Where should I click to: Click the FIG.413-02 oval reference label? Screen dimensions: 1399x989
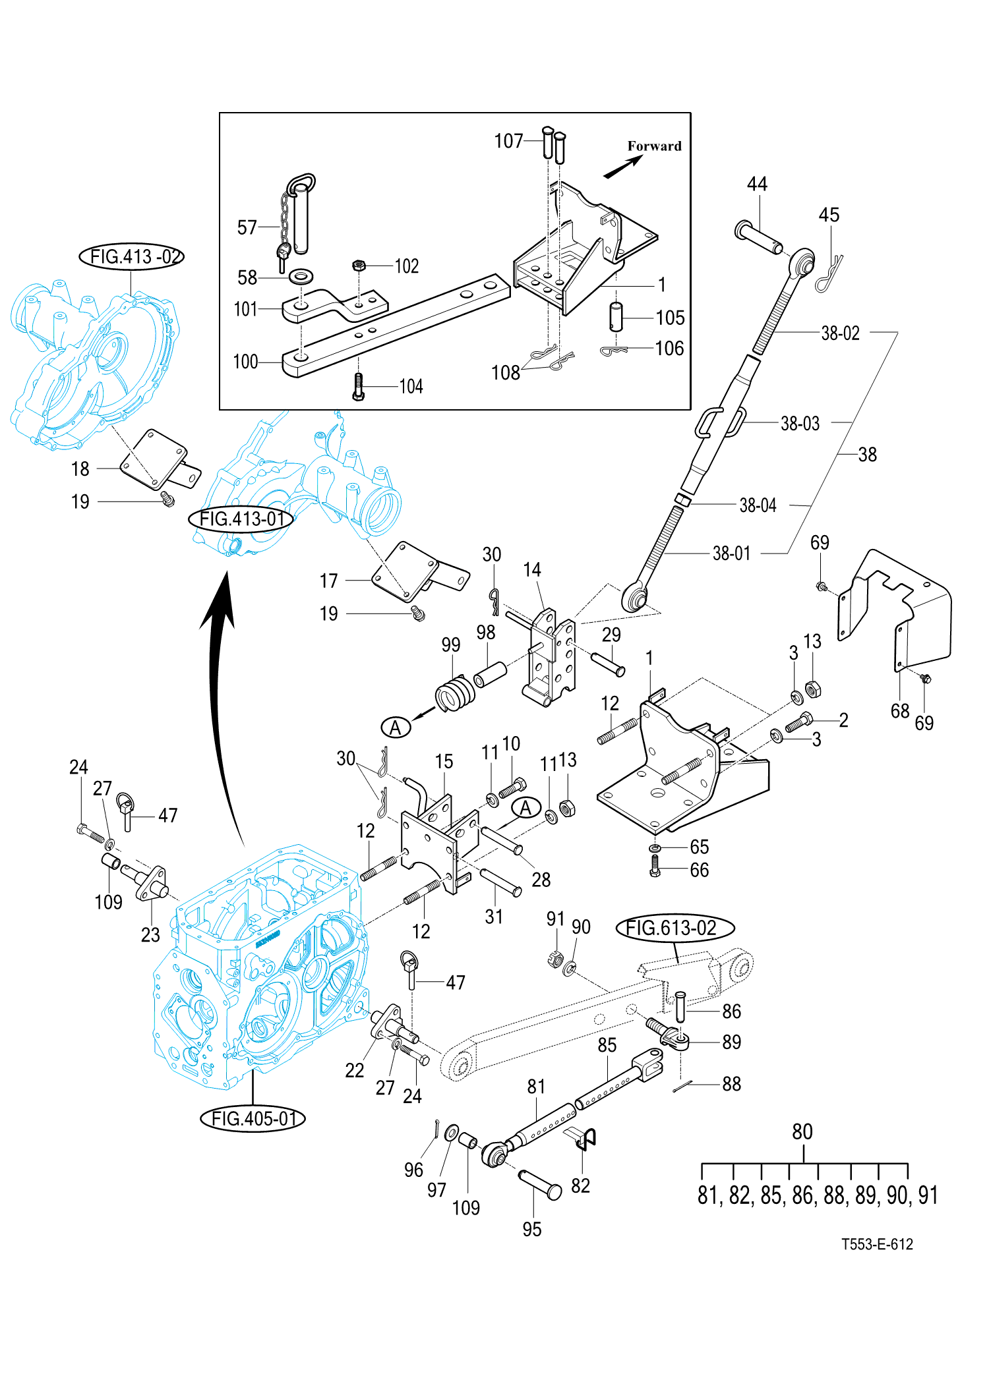[131, 256]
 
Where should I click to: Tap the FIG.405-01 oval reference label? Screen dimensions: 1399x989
[253, 1118]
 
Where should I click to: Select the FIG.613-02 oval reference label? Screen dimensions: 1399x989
[674, 928]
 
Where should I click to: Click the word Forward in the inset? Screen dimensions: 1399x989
[654, 146]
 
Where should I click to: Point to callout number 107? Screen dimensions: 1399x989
[508, 141]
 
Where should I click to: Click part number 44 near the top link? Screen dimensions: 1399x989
[757, 184]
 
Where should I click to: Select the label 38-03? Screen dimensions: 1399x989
[800, 424]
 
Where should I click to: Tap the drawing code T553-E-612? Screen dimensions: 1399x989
[877, 1244]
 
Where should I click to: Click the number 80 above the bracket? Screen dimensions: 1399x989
[802, 1131]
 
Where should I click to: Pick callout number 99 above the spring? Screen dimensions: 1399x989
[451, 644]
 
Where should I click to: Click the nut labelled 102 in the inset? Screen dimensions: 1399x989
[359, 266]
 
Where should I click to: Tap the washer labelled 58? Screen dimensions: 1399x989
[301, 276]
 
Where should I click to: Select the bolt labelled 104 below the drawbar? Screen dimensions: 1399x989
[358, 387]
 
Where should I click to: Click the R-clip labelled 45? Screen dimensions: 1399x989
[828, 273]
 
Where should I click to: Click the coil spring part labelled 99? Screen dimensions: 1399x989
[455, 694]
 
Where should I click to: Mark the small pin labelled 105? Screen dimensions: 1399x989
[616, 316]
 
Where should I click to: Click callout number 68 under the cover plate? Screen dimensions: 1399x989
[900, 711]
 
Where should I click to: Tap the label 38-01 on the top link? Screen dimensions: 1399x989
[731, 554]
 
